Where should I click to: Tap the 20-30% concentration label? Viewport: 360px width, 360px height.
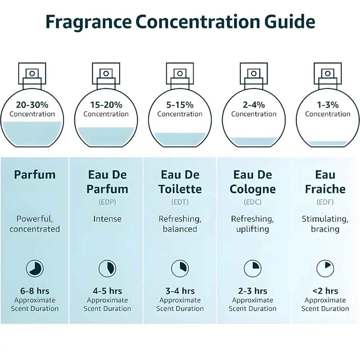32,105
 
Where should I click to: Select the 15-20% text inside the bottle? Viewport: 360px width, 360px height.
106,105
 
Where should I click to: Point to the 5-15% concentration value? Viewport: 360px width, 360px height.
180,105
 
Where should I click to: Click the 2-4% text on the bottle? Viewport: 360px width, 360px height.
254,105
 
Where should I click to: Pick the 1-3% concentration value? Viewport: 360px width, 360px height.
328,105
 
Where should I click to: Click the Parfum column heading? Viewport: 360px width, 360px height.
35,175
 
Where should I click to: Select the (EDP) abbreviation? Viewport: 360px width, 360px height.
107,202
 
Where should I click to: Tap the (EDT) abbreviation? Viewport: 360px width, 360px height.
180,202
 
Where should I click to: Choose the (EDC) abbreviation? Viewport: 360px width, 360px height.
253,202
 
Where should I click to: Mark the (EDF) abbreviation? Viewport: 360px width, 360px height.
325,202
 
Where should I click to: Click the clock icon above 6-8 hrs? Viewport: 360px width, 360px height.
35,268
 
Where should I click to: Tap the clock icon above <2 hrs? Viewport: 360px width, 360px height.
325,268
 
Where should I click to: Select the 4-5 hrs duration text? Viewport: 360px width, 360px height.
107,291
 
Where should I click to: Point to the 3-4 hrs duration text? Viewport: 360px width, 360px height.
180,291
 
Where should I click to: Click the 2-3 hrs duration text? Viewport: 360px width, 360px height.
253,291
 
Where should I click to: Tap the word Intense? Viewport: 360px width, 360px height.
107,219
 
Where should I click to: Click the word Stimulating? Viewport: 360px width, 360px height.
325,219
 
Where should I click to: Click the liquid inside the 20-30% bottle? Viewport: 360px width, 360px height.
32,134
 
